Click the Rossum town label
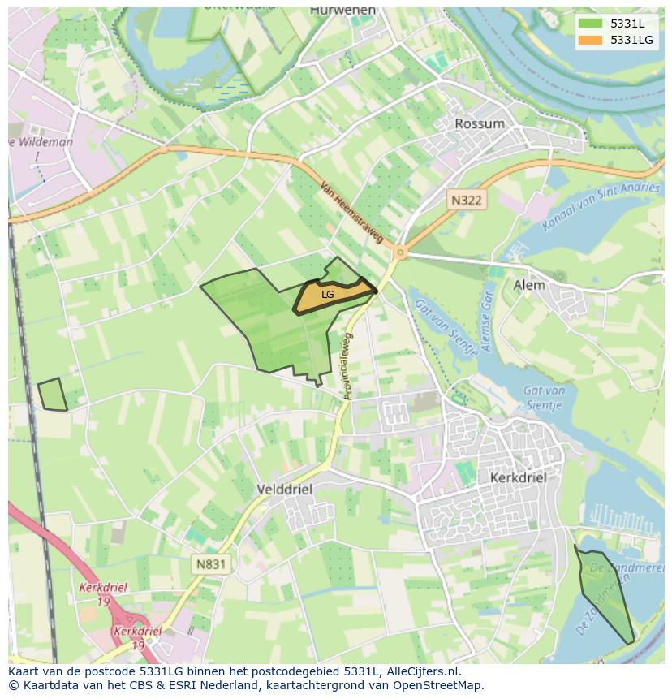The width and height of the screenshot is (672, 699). pos(480,124)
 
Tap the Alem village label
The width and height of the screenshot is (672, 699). pos(529,285)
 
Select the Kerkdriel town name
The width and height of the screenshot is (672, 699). pos(518,477)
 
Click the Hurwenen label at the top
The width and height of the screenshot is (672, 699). pos(343,10)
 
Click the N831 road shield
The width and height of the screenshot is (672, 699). pos(211,563)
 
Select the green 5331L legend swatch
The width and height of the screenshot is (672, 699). pos(590,24)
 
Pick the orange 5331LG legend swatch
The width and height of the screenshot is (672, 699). pos(590,40)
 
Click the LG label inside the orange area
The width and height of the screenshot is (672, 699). pos(327,295)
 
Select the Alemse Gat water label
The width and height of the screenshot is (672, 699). pos(488,320)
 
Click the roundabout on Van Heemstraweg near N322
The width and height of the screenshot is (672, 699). pos(398,253)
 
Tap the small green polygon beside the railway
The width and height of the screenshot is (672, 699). pos(53,395)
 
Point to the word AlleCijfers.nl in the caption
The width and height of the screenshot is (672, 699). pos(420,671)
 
